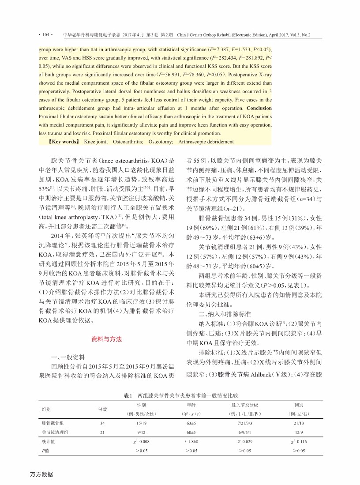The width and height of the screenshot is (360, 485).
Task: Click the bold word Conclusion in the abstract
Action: point(259,108)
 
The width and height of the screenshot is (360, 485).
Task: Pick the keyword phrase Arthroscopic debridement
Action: point(206,142)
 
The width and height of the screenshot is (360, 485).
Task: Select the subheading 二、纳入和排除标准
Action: point(219,314)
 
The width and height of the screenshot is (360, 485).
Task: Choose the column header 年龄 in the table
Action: point(191,404)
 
